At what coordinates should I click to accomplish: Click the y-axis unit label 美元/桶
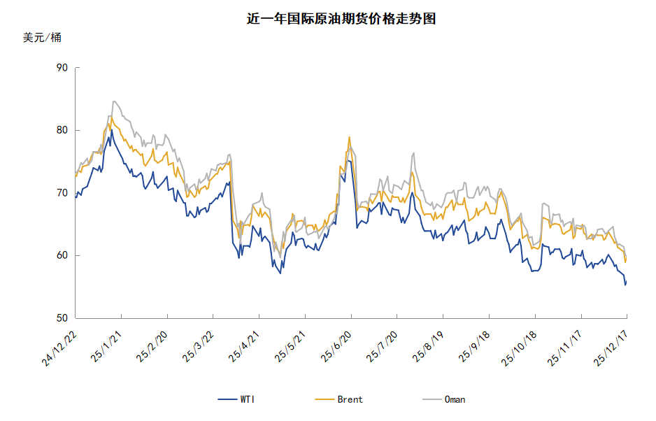42,38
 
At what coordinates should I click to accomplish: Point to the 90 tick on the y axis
62,68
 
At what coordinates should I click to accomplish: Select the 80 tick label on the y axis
62,130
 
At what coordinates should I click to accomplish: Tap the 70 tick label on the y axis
62,193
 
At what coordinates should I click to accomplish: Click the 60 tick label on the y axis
62,256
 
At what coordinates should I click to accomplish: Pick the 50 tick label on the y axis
62,318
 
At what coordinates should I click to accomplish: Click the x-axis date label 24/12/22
59,348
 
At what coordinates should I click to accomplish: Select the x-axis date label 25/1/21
107,346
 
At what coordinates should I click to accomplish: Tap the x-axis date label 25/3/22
199,346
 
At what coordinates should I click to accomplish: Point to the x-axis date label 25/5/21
290,346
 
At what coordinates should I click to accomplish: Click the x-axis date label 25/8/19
428,346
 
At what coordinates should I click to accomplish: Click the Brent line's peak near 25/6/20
349,137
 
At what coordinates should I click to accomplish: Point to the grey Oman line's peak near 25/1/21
113,101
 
